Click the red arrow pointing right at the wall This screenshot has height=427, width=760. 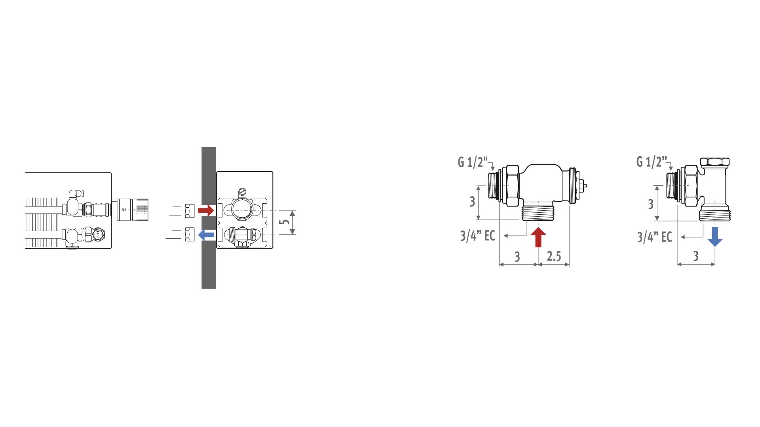click(x=206, y=210)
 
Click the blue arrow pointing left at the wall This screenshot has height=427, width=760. click(x=206, y=235)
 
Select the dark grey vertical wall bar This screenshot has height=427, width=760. click(x=209, y=218)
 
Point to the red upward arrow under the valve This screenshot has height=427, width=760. click(x=538, y=237)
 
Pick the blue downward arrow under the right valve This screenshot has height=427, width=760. click(x=715, y=236)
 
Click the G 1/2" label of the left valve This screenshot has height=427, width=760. click(x=473, y=162)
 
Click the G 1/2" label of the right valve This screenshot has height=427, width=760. click(x=652, y=162)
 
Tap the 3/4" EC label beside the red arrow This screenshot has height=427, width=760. click(x=477, y=236)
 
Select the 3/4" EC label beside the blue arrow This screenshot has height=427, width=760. click(x=655, y=237)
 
